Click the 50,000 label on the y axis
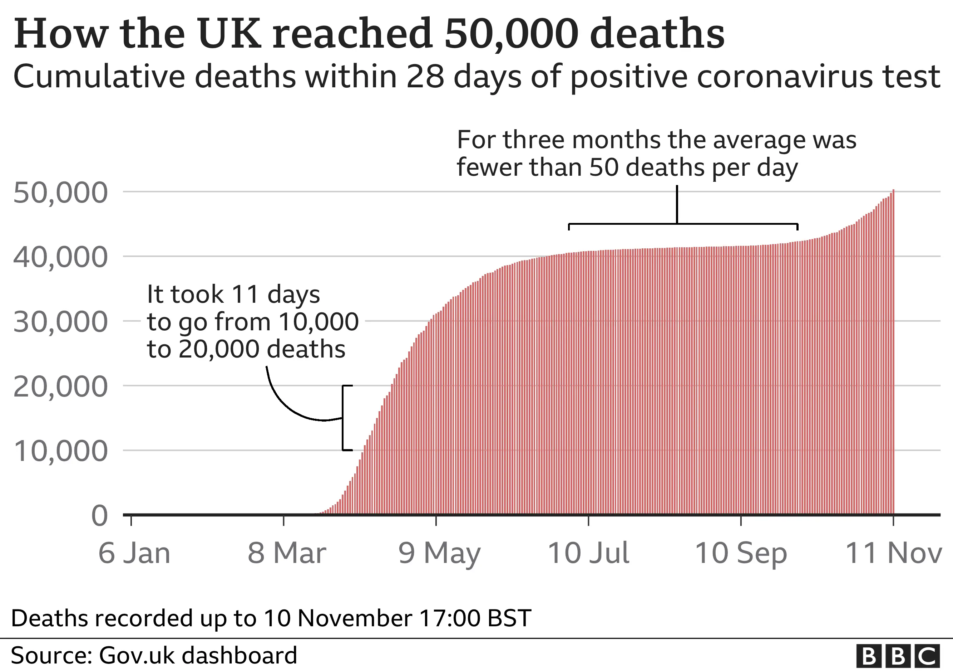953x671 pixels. point(60,193)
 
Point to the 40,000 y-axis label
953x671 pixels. point(60,257)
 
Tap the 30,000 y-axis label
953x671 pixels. point(60,322)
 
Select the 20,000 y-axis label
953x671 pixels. point(60,387)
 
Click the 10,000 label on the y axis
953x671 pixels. point(60,451)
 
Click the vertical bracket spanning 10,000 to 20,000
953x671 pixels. point(343,418)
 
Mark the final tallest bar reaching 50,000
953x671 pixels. point(893,353)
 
